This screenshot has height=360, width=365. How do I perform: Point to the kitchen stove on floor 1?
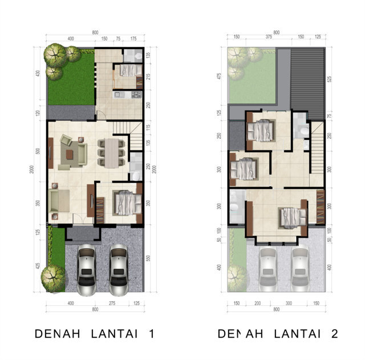click(136, 94)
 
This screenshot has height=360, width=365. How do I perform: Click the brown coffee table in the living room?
click(70, 153)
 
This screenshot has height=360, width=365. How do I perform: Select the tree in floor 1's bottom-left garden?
click(54, 279)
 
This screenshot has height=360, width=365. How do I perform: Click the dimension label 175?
click(134, 39)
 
